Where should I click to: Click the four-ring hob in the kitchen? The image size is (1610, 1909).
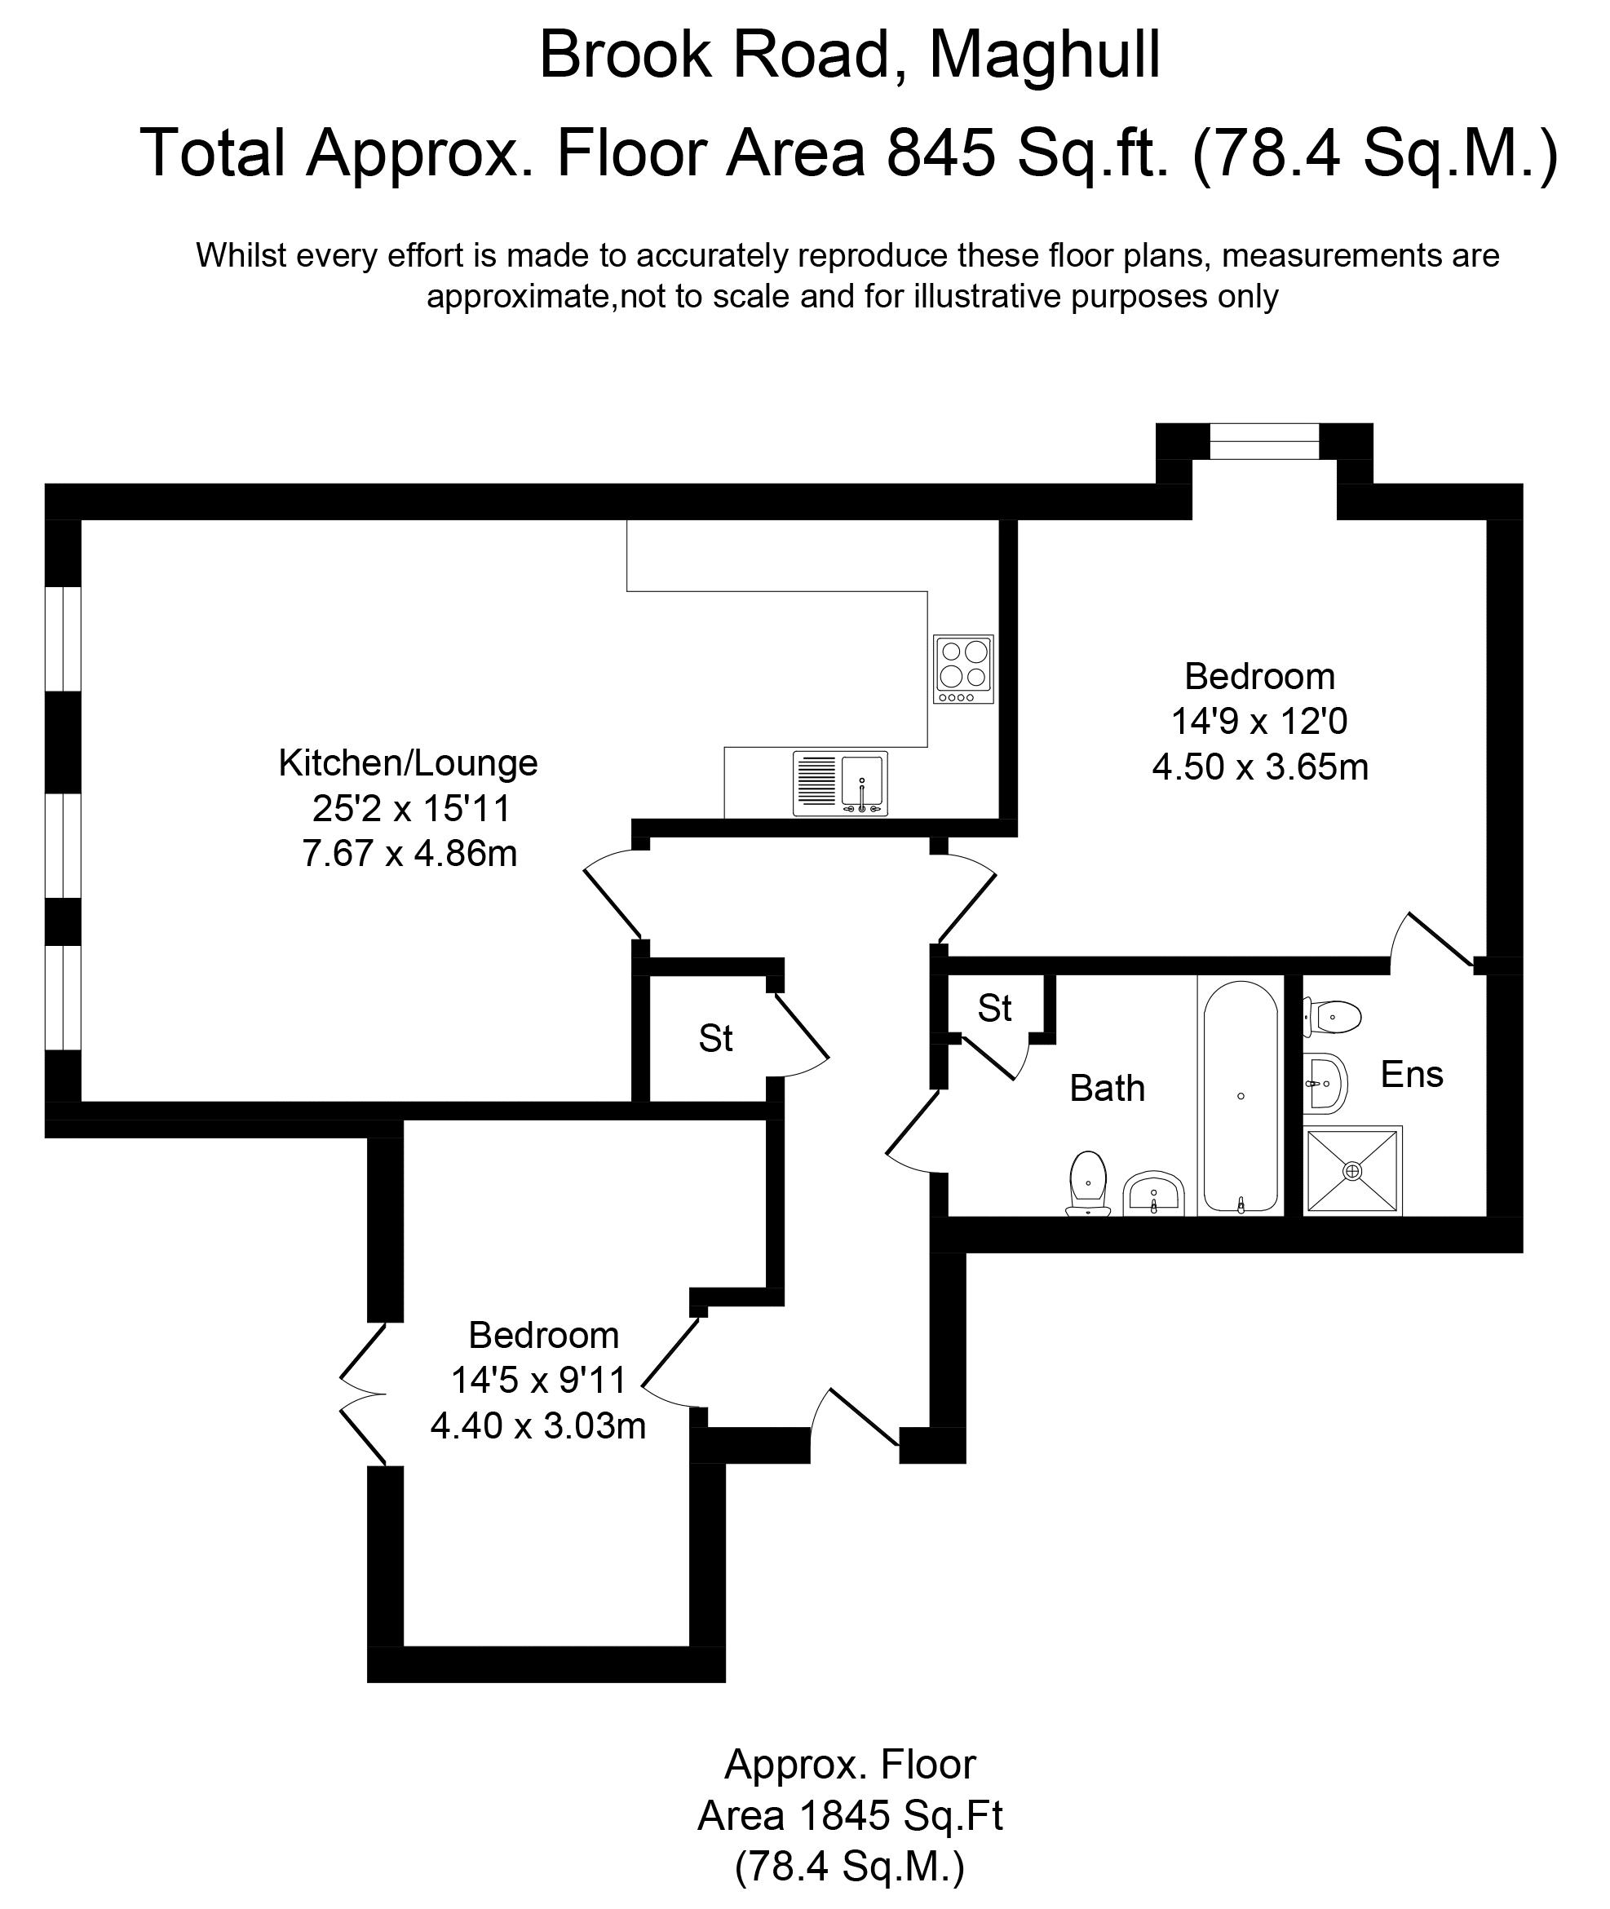963,669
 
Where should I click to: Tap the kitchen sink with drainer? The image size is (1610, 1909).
840,783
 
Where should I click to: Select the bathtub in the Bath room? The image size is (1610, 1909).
1241,1097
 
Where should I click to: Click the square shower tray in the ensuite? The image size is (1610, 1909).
1352,1171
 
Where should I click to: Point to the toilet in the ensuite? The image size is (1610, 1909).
1334,1015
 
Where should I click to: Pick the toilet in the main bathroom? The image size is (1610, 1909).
1087,1183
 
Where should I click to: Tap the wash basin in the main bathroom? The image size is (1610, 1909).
1153,1193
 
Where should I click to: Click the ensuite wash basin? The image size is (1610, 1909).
1325,1083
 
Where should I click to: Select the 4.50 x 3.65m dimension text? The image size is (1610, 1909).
1259,767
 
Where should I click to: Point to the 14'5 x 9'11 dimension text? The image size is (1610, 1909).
538,1380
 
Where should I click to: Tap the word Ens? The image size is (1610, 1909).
1411,1075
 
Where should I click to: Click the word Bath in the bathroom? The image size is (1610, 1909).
1107,1089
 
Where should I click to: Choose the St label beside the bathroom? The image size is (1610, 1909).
994,1009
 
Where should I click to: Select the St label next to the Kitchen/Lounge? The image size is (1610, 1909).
715,1038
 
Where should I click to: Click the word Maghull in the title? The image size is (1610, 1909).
1044,55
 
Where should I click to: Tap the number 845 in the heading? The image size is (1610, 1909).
941,152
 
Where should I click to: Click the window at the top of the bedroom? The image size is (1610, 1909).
1264,442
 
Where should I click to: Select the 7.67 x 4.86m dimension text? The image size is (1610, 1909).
409,853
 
